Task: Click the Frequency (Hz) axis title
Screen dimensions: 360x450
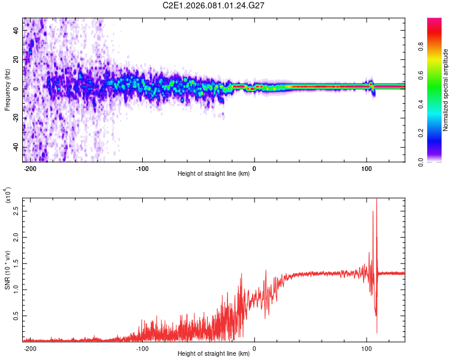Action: coord(7,91)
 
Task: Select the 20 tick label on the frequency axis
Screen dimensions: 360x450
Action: coord(16,59)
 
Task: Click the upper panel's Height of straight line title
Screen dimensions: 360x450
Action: coord(213,175)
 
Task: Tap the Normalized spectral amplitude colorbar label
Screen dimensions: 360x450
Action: coord(446,90)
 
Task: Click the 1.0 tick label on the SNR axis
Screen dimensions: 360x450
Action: coord(16,289)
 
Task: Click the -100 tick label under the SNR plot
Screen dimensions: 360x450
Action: coord(142,349)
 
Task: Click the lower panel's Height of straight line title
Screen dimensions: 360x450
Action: coord(213,355)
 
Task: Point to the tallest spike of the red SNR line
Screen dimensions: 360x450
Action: coord(376,200)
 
